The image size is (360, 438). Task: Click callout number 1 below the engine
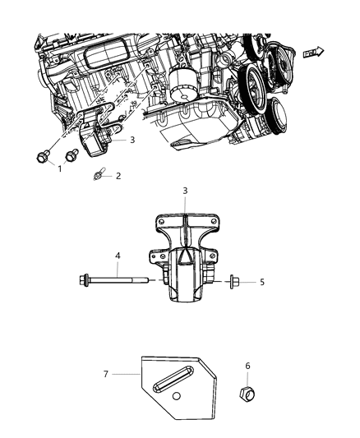[58, 168]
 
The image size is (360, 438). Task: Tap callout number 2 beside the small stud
[118, 175]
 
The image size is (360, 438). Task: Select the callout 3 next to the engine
[131, 141]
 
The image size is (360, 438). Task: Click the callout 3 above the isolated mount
[184, 214]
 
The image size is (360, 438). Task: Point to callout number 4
[118, 256]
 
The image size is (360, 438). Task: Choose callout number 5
[261, 282]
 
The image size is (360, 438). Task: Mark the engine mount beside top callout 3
[102, 139]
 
